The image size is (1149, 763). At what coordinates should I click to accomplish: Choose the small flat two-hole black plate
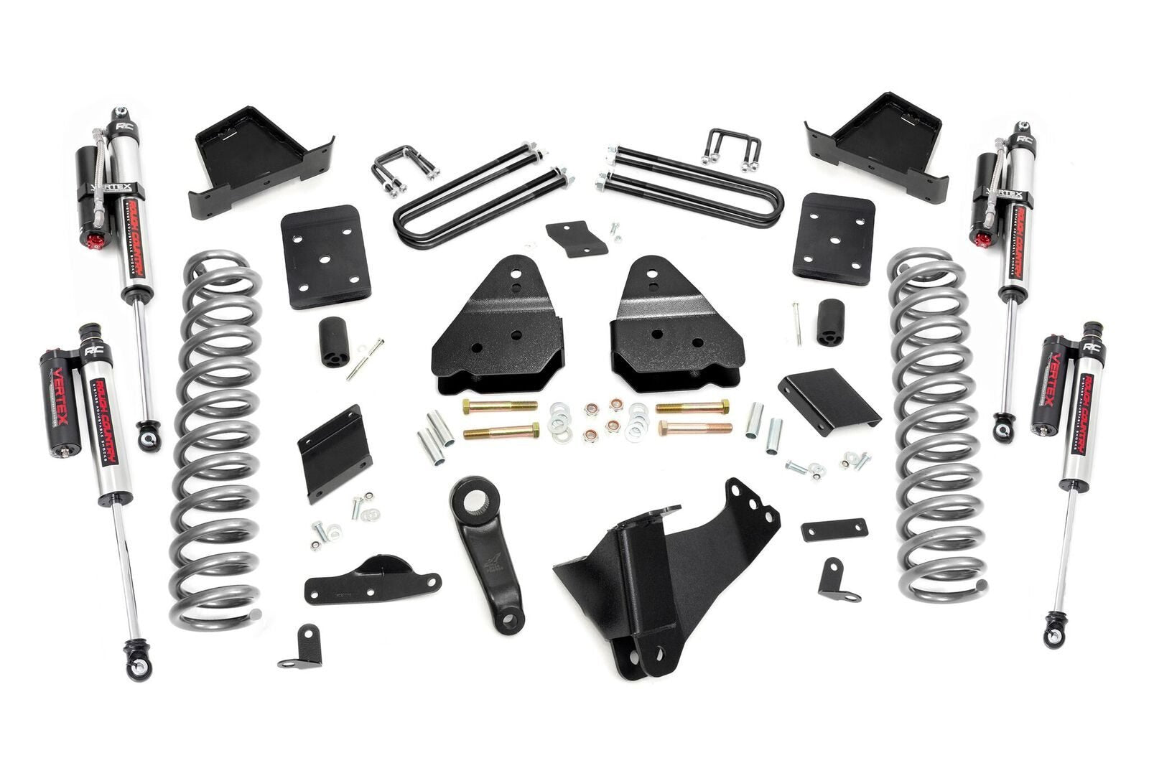tap(834, 529)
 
